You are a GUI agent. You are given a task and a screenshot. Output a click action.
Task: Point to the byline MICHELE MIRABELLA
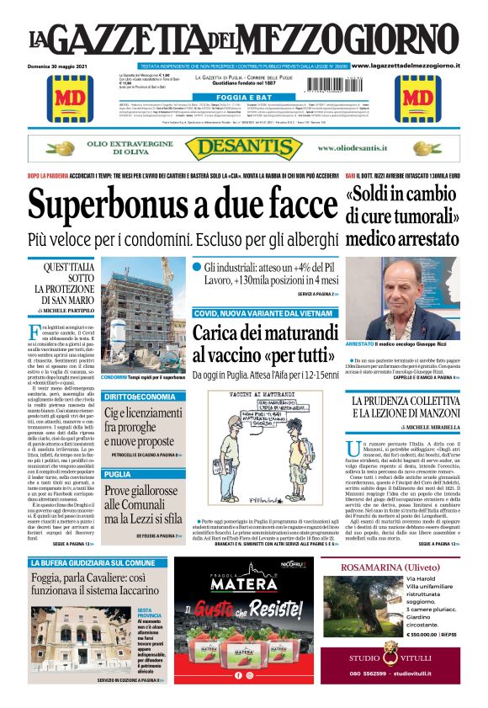tap(422, 428)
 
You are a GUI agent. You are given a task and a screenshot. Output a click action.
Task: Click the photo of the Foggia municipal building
tap(66, 641)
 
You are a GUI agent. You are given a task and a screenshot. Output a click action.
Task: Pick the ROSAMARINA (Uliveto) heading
tap(388, 567)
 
